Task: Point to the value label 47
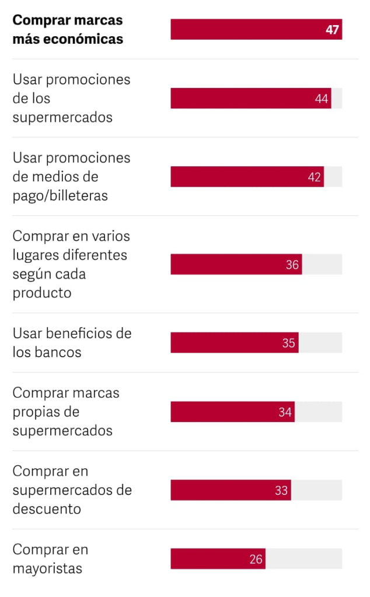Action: click(x=333, y=30)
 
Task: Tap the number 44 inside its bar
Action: click(x=322, y=99)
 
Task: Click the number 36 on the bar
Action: click(x=292, y=265)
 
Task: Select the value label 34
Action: click(x=285, y=412)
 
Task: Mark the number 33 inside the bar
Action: click(x=281, y=490)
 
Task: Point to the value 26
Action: click(x=256, y=559)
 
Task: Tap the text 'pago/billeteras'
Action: click(x=60, y=195)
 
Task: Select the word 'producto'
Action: click(x=42, y=293)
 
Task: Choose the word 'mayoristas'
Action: click(x=47, y=568)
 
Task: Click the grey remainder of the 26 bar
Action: click(x=303, y=559)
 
